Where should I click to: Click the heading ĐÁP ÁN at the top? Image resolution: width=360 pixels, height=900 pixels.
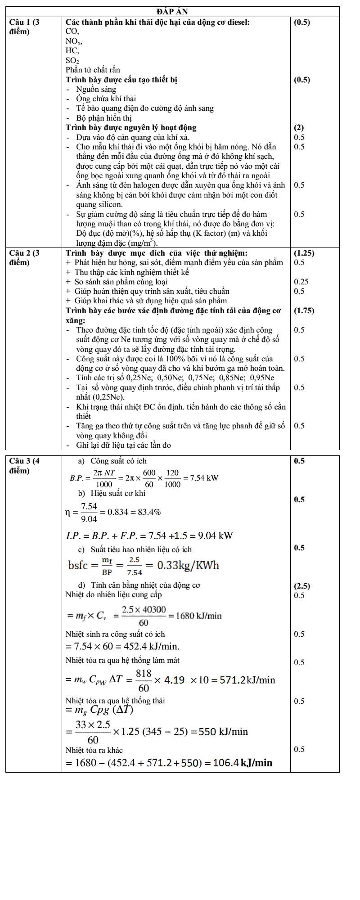[x=172, y=12]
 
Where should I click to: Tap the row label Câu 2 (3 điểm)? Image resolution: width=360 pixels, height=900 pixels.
[x=24, y=257]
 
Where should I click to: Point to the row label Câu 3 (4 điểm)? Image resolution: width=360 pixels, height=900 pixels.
[x=24, y=465]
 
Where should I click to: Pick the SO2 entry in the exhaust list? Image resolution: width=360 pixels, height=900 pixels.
[x=72, y=60]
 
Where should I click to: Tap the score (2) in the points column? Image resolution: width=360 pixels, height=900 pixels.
[x=299, y=127]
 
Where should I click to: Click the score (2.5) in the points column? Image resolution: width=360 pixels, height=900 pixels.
[x=301, y=586]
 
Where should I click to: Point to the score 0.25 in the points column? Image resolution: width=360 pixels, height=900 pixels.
[x=301, y=282]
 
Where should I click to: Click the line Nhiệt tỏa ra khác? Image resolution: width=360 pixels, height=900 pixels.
[x=94, y=750]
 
